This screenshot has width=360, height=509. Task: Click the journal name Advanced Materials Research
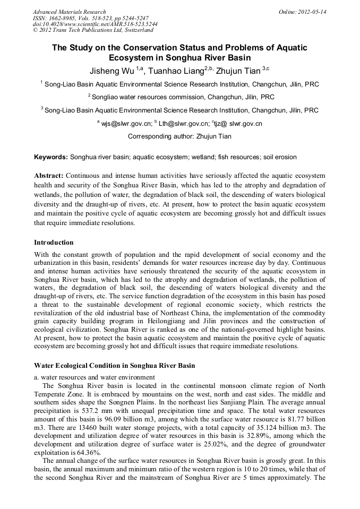tap(69, 12)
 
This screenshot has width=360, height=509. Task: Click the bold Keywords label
tap(51, 157)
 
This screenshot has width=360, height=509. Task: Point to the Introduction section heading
tap(54, 243)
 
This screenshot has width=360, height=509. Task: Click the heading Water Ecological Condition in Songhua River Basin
tap(114, 366)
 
